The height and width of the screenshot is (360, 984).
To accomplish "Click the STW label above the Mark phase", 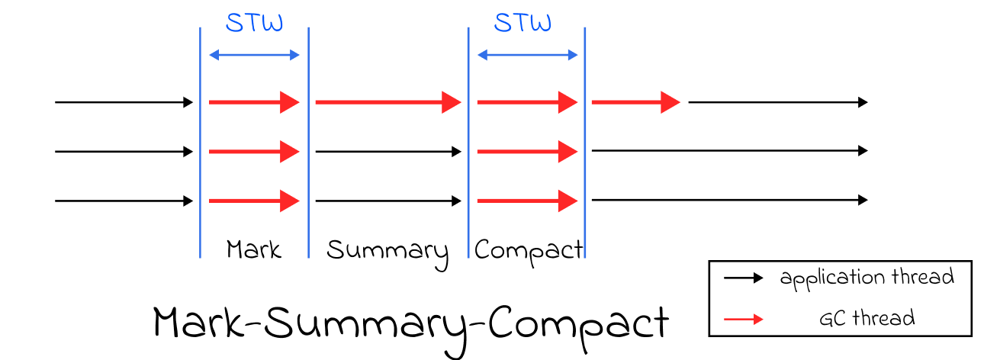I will [x=254, y=22].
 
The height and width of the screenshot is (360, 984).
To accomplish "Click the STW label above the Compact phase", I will [x=523, y=22].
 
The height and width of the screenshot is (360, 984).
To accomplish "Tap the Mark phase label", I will [x=254, y=249].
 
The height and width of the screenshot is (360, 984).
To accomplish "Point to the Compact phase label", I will [x=528, y=249].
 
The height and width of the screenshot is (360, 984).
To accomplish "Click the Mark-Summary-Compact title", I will [x=411, y=323].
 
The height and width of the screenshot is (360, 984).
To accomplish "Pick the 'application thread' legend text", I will [x=867, y=277].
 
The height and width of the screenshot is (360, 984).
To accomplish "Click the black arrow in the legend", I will [x=743, y=278].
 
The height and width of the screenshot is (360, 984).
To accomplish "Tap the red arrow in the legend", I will [x=743, y=316].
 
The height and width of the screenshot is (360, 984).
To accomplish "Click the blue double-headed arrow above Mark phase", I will [x=254, y=54].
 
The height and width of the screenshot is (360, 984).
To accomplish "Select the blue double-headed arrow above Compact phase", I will [x=527, y=54].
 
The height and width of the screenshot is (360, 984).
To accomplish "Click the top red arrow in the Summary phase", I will [x=388, y=101].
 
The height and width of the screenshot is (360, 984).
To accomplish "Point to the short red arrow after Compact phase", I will [x=635, y=101].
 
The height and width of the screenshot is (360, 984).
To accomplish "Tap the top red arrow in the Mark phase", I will [x=254, y=101].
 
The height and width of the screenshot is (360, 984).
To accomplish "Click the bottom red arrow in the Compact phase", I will [x=527, y=201].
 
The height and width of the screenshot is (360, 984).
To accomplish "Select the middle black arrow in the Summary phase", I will [x=388, y=152].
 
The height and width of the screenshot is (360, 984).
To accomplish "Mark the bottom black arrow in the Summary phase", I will [x=388, y=201].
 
